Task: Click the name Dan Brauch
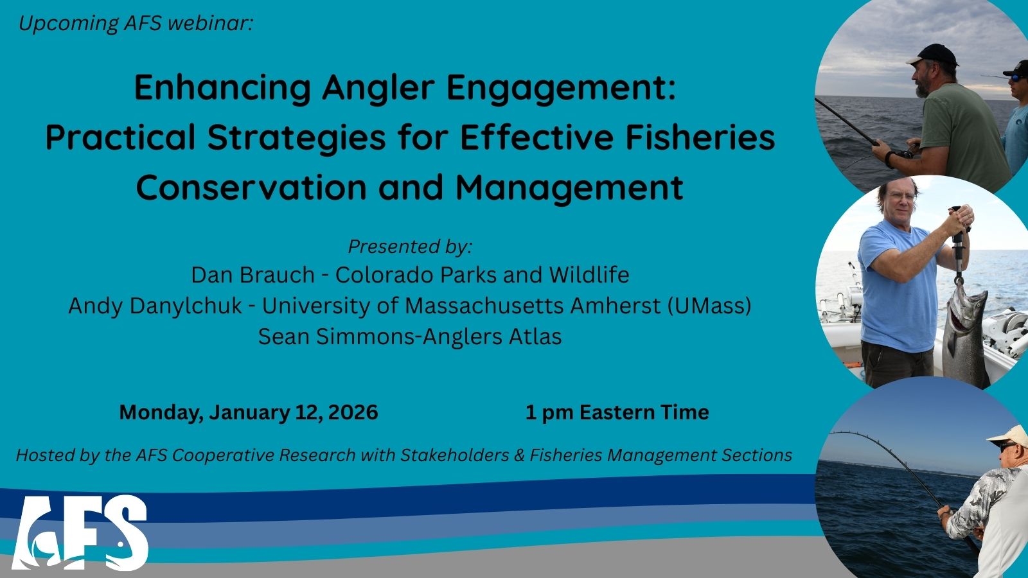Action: (x=253, y=275)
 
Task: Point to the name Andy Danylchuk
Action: (x=155, y=306)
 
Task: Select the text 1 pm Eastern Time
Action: (x=617, y=412)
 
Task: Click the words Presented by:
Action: (x=410, y=247)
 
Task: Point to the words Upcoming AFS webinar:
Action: (x=136, y=23)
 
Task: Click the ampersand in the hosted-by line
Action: (x=519, y=455)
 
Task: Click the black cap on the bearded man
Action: (x=933, y=55)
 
